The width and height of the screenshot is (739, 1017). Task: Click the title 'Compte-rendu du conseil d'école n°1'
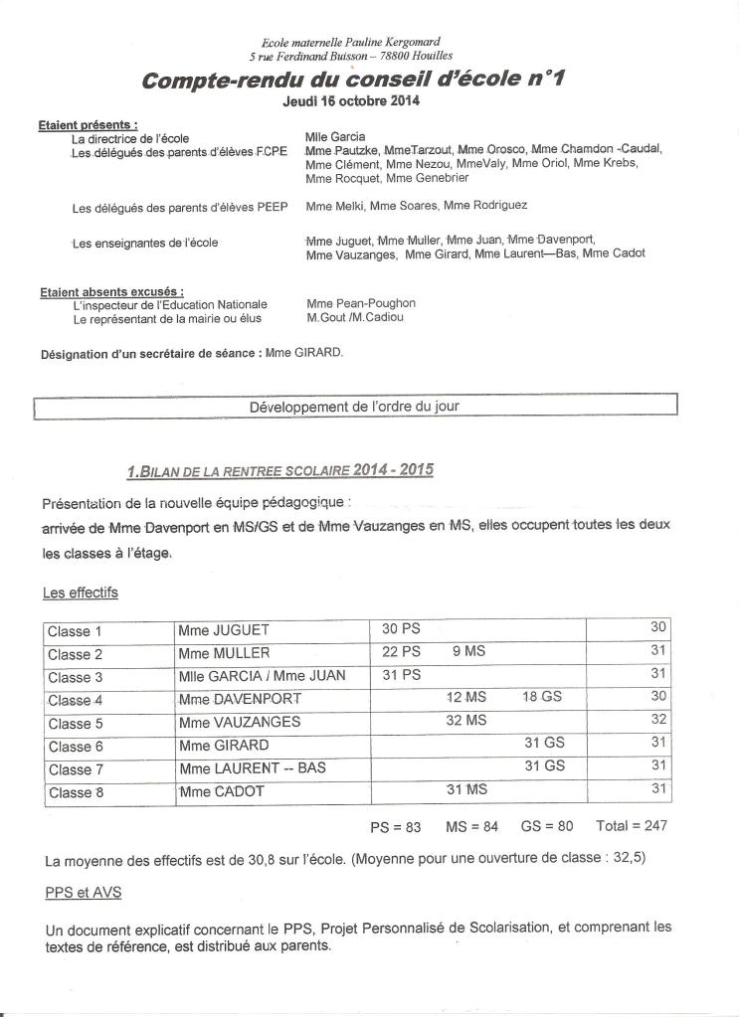click(x=352, y=81)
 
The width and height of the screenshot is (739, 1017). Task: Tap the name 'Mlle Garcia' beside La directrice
click(x=335, y=136)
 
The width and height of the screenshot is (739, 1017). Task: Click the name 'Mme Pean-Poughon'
click(x=361, y=303)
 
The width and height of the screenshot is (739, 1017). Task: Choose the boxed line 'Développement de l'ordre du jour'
click(x=354, y=407)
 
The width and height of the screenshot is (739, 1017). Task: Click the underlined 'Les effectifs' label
click(x=81, y=593)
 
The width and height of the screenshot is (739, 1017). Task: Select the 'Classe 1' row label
click(x=76, y=630)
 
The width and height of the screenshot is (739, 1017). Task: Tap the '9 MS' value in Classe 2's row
click(x=468, y=652)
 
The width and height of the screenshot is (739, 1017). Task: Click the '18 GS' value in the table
click(x=541, y=698)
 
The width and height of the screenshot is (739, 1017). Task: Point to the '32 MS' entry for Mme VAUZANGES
click(x=466, y=721)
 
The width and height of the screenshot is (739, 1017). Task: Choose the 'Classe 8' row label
click(x=76, y=792)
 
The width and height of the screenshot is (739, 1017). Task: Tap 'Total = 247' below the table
click(x=632, y=825)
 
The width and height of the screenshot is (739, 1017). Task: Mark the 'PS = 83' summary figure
click(x=396, y=825)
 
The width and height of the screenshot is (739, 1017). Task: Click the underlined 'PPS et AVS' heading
click(x=84, y=893)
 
